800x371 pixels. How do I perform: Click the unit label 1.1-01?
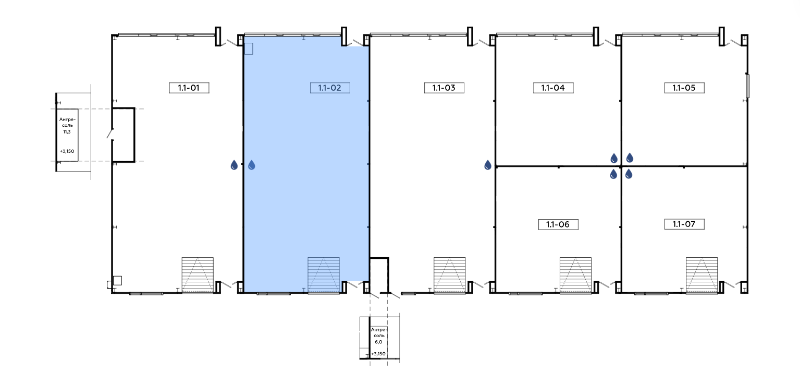click(189, 88)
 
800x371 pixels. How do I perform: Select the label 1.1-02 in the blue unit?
click(330, 88)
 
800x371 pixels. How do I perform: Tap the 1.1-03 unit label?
click(444, 88)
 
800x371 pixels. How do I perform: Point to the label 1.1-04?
click(553, 88)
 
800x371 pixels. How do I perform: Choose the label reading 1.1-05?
click(684, 88)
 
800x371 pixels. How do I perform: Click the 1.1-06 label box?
click(558, 224)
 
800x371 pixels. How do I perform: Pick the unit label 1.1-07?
click(684, 224)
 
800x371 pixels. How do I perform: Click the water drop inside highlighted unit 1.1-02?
click(251, 165)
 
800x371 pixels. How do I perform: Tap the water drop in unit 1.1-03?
click(487, 165)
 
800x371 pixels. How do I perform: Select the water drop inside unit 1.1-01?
click(234, 165)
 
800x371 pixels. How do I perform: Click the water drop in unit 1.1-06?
click(613, 174)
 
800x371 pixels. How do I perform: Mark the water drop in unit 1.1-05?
click(630, 158)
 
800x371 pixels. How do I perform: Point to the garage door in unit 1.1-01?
click(198, 275)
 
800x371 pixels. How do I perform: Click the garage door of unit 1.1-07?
click(701, 275)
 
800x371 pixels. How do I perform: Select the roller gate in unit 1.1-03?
click(450, 275)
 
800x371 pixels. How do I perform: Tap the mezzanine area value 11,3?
click(67, 132)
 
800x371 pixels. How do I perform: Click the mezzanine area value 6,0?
click(378, 342)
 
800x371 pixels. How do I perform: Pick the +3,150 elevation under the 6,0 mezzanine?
click(378, 354)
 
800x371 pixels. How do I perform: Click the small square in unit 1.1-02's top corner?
click(249, 49)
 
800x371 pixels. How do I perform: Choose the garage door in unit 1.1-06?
click(575, 275)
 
